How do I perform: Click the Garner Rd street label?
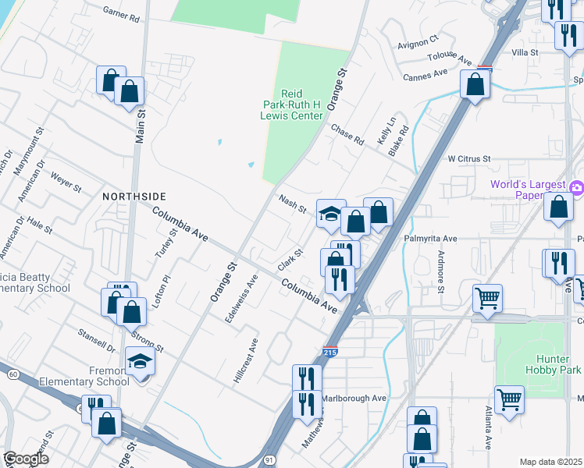[121, 12]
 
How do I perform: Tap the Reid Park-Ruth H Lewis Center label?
[291, 105]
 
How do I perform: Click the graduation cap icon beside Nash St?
[331, 214]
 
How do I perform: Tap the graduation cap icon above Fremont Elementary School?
[141, 361]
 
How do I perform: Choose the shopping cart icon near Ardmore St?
[487, 297]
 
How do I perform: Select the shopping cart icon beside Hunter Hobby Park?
[509, 399]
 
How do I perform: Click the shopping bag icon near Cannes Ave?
[475, 83]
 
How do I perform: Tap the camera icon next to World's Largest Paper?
[577, 186]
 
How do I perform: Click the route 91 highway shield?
[269, 452]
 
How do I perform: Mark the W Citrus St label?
[468, 158]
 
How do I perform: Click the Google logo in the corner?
[26, 459]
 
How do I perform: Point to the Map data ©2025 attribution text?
[550, 462]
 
